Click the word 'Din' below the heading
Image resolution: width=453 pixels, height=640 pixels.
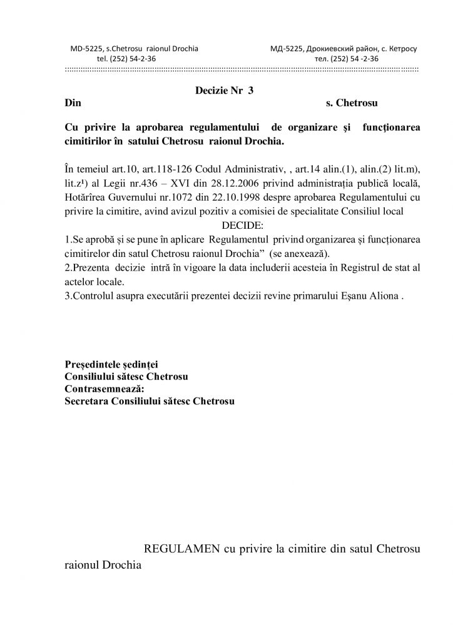[73, 101]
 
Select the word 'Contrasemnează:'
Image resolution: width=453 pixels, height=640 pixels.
[104, 388]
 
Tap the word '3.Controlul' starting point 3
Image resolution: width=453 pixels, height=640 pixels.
[90, 296]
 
